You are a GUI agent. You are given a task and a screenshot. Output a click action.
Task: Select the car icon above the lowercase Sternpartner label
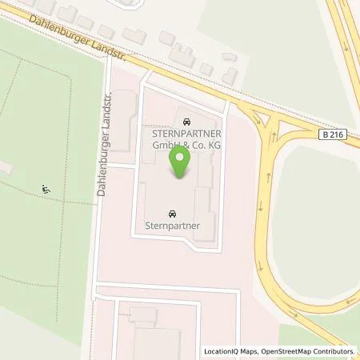172,214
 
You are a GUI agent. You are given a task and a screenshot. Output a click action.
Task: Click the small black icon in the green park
46,190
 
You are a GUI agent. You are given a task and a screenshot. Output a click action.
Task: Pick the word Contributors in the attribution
335,351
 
